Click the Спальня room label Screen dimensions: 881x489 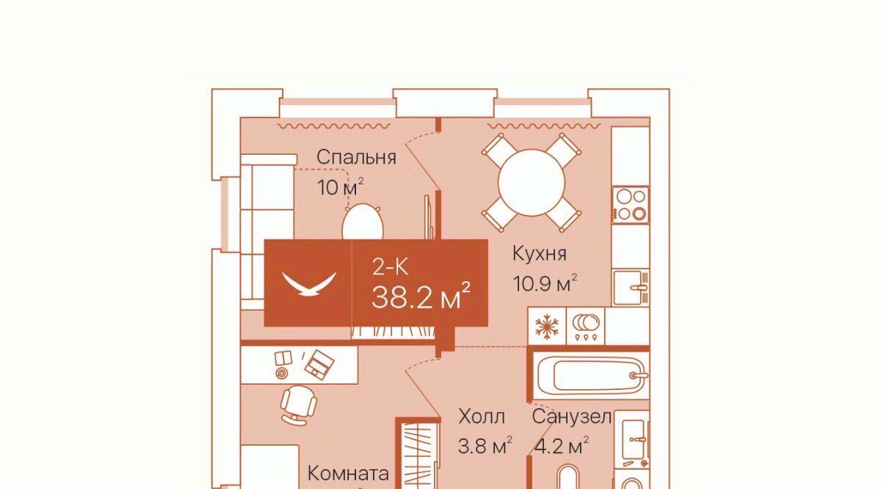tap(356, 158)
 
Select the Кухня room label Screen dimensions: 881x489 tap(539, 254)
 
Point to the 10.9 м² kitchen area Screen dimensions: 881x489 tap(545, 283)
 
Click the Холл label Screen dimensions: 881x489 tap(482, 416)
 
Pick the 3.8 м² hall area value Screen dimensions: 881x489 tap(485, 446)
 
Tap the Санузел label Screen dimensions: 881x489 tap(571, 416)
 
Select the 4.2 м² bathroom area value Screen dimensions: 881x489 tap(562, 446)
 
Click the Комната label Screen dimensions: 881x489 tap(348, 474)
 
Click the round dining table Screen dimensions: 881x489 tap(532, 183)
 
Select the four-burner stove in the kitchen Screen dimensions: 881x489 tap(631, 205)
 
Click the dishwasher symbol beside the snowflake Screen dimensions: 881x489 tap(586, 326)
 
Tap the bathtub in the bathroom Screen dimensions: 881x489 tap(591, 375)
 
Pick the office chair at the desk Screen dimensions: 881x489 tap(299, 405)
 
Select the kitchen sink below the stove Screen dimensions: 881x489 tap(631, 287)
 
